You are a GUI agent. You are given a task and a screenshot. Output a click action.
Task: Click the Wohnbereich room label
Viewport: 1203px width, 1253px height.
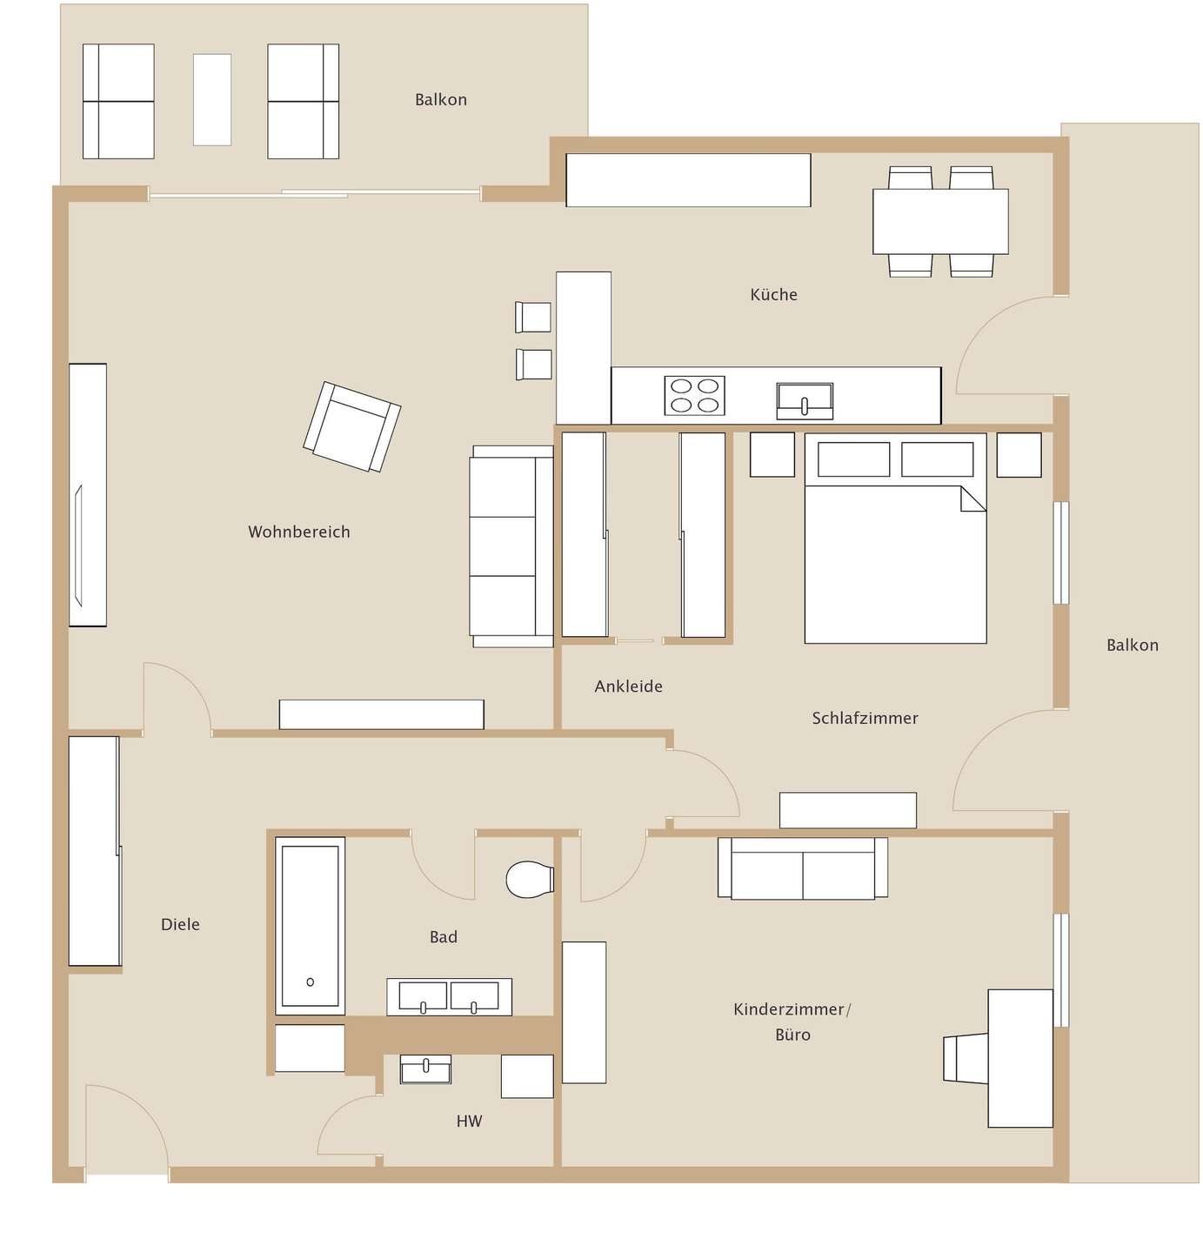pyautogui.click(x=298, y=532)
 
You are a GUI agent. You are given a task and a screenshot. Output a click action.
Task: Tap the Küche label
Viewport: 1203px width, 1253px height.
pyautogui.click(x=773, y=295)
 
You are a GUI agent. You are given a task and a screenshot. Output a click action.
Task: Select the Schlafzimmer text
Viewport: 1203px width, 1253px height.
pyautogui.click(x=865, y=718)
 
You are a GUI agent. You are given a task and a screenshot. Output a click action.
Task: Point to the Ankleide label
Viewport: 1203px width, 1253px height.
pyautogui.click(x=628, y=687)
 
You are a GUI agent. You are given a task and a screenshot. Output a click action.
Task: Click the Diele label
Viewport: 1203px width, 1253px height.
pyautogui.click(x=180, y=924)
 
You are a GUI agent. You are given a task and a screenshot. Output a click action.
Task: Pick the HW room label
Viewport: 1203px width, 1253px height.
pyautogui.click(x=469, y=1122)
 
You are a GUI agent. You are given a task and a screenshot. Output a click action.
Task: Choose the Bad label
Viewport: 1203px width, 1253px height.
pyautogui.click(x=443, y=937)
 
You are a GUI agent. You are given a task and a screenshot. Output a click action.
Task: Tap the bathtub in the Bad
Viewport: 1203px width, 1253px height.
pyautogui.click(x=310, y=925)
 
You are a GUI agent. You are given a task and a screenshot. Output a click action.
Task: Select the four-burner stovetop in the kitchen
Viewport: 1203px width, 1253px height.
pyautogui.click(x=694, y=395)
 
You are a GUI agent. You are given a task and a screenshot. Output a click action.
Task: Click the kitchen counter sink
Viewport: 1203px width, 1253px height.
pyautogui.click(x=805, y=400)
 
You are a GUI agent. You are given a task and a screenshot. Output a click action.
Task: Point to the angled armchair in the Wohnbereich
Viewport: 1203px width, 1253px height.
pyautogui.click(x=351, y=426)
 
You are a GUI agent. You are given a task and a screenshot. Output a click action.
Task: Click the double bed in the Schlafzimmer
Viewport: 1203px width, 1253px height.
pyautogui.click(x=895, y=548)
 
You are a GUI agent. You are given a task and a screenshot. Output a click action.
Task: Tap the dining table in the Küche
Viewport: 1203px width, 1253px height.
pyautogui.click(x=940, y=222)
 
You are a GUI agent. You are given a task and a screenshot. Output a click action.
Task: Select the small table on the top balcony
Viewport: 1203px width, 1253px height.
pyautogui.click(x=212, y=100)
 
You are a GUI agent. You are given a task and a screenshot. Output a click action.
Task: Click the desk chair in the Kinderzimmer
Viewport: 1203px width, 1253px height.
pyautogui.click(x=965, y=1058)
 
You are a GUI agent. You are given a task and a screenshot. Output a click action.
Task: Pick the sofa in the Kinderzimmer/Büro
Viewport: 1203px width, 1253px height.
pyautogui.click(x=802, y=868)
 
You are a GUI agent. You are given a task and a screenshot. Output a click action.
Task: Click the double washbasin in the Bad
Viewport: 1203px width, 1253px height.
pyautogui.click(x=449, y=997)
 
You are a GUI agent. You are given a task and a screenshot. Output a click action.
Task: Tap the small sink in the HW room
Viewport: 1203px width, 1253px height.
pyautogui.click(x=425, y=1069)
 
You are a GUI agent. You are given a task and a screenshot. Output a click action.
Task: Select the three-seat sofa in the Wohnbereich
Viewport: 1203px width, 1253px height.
pyautogui.click(x=511, y=546)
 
